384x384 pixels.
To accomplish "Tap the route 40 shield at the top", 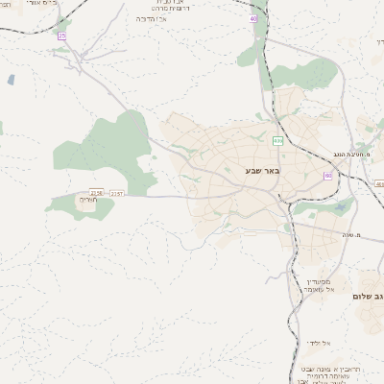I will point(253,18).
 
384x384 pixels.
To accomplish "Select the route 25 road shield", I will point(62,36).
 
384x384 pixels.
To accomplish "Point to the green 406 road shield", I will point(277,140).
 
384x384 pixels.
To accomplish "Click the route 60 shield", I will point(328,176).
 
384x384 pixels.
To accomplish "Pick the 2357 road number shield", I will point(116,193).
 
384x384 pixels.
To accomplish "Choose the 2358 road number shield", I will point(96,193).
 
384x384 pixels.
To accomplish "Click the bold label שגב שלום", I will point(368,296).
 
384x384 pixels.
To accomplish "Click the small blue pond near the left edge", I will point(12,81).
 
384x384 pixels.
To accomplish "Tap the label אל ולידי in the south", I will point(319,343).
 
